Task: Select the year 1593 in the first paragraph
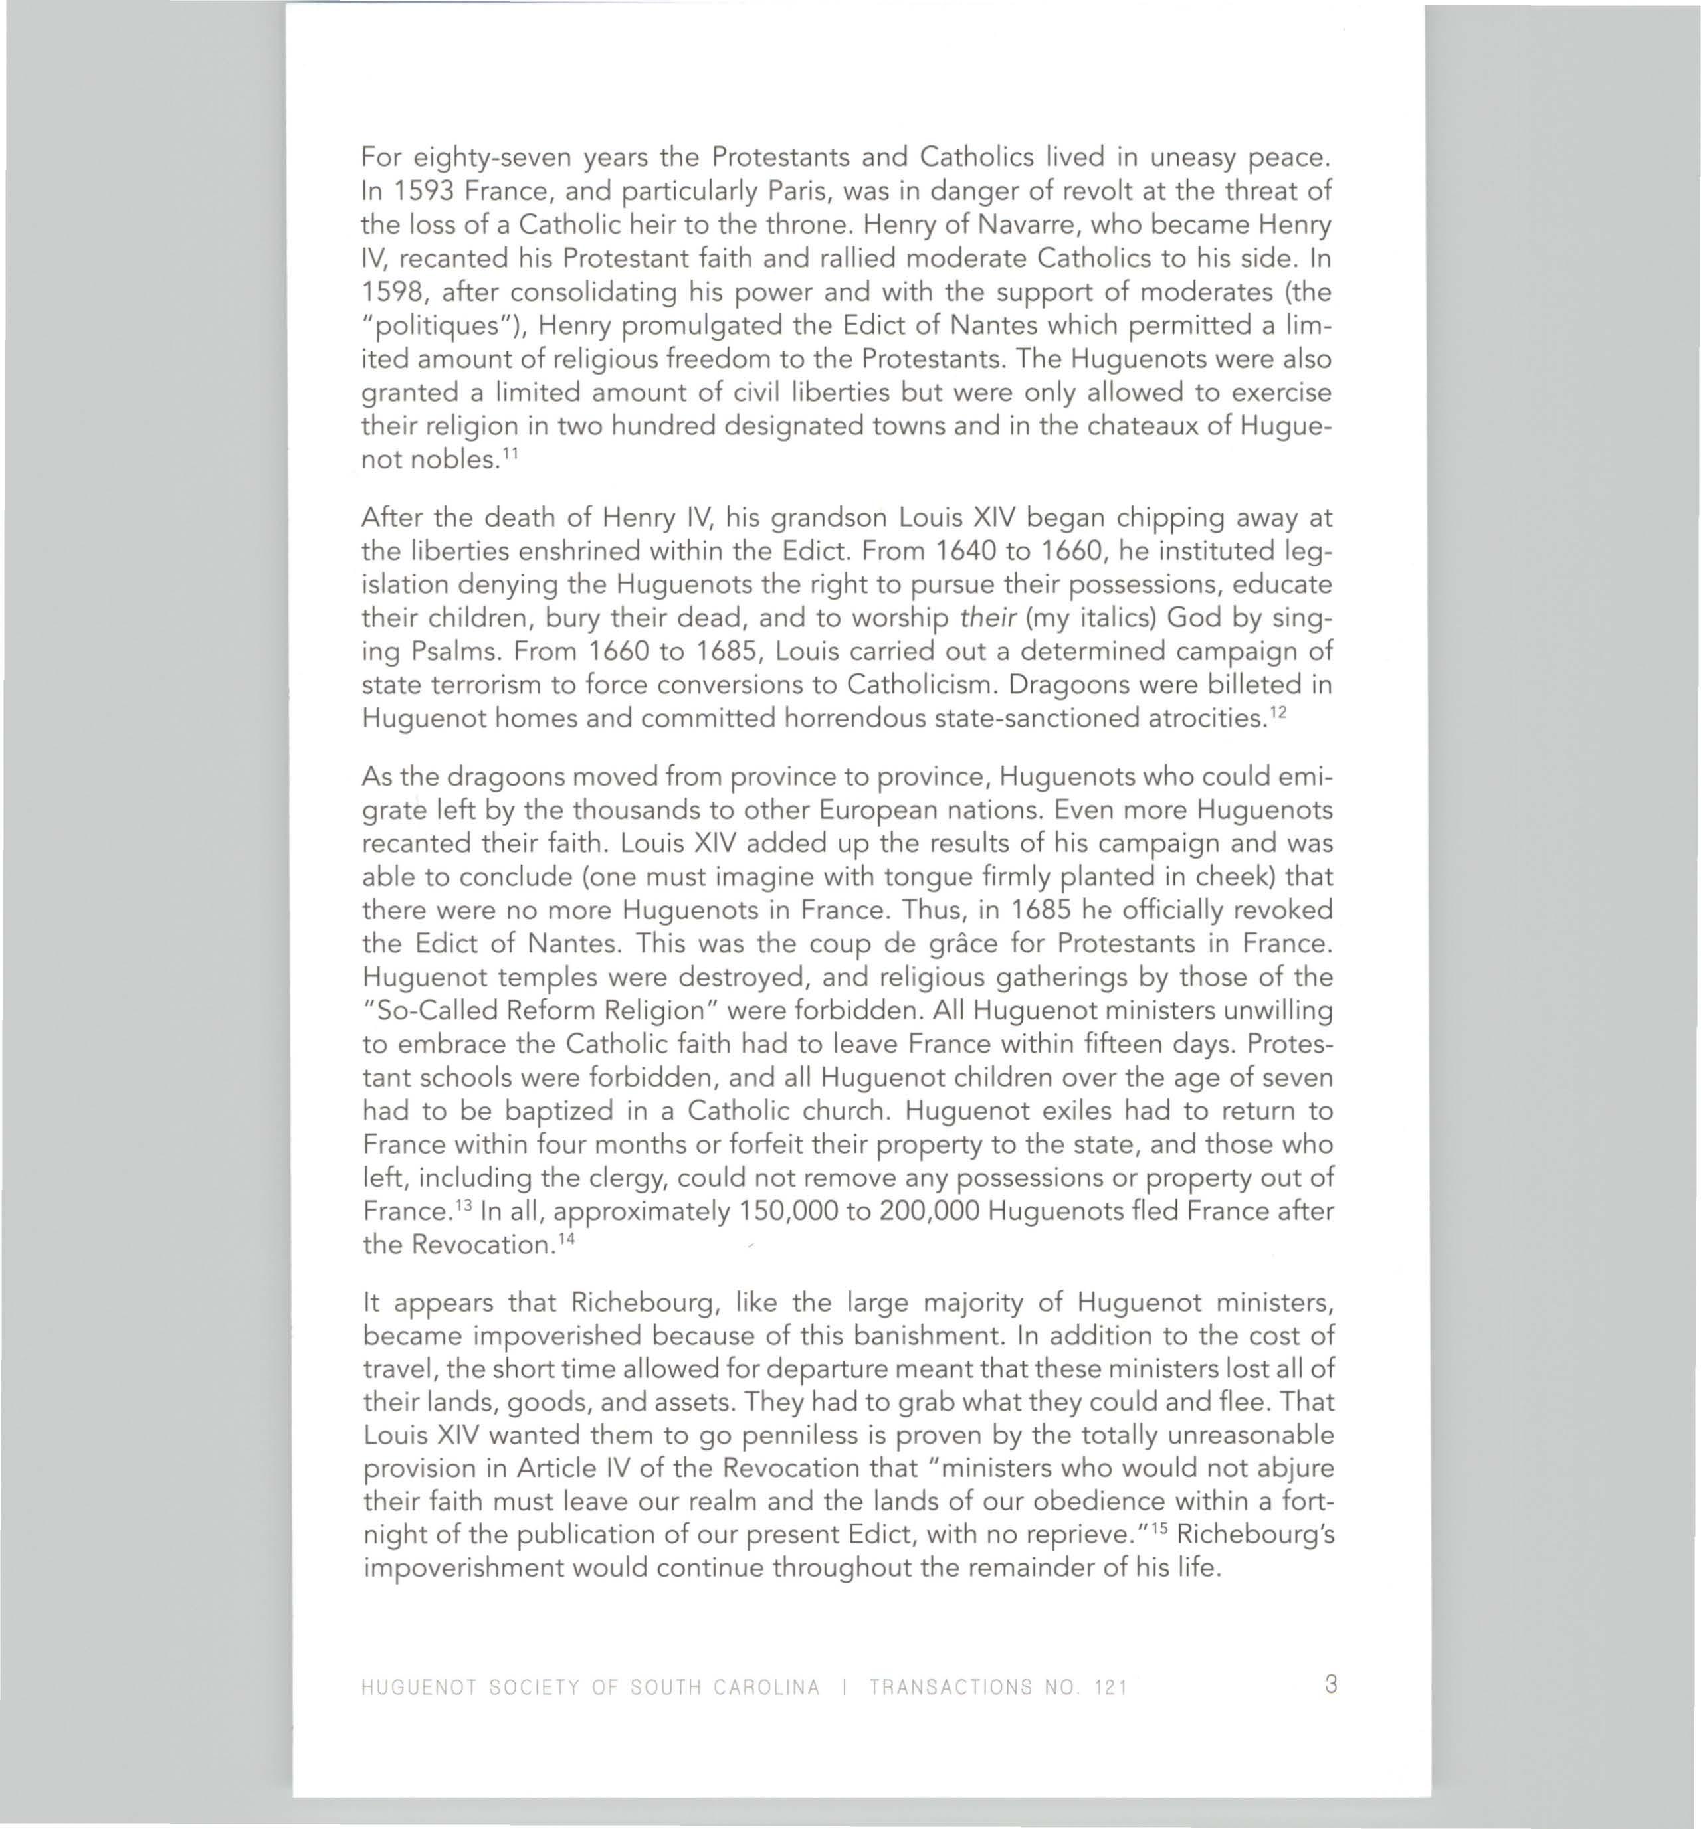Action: point(425,191)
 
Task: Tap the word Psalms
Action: point(456,652)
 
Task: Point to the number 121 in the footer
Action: point(1110,1688)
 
